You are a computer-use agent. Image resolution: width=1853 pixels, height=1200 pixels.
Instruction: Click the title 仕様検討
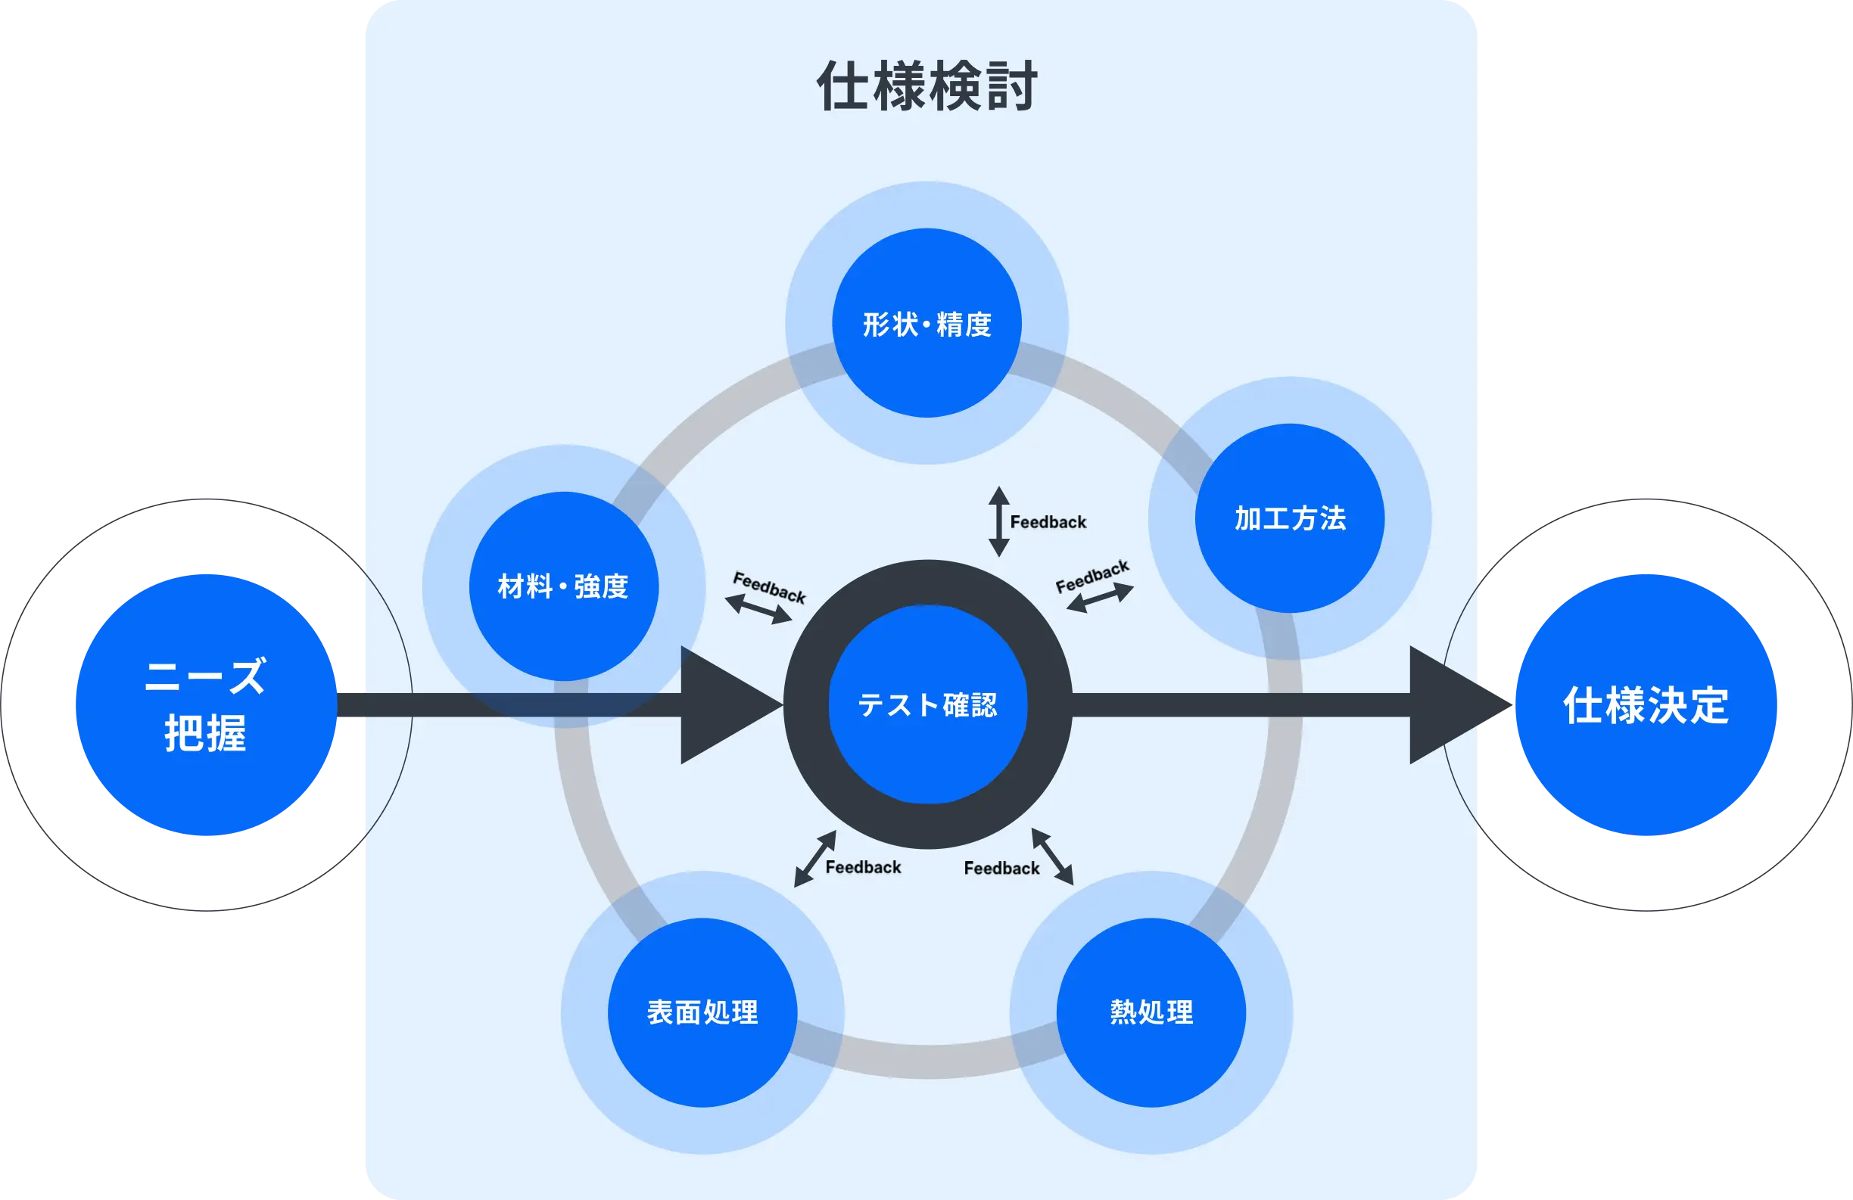pyautogui.click(x=926, y=86)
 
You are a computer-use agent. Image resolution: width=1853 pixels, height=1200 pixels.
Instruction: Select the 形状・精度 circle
pyautogui.click(x=926, y=323)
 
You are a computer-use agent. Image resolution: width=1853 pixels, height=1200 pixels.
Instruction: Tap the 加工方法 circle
pyautogui.click(x=1289, y=518)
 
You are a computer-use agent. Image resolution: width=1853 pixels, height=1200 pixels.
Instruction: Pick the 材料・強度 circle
pyautogui.click(x=564, y=586)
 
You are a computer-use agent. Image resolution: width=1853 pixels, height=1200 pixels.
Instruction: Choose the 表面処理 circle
pyautogui.click(x=702, y=1012)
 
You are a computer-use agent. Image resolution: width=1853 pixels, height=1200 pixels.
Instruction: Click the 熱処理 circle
pyautogui.click(x=1151, y=1012)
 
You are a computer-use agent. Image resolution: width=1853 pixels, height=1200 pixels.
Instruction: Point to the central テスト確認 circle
pyautogui.click(x=927, y=704)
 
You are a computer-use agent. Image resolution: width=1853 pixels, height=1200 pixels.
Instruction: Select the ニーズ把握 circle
pyautogui.click(x=206, y=704)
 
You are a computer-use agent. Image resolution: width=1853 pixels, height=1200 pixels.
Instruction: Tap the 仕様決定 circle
pyautogui.click(x=1646, y=705)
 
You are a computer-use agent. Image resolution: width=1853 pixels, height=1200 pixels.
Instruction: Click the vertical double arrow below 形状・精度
pyautogui.click(x=999, y=521)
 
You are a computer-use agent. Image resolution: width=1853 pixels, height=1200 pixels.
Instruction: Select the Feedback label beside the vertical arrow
pyautogui.click(x=1048, y=522)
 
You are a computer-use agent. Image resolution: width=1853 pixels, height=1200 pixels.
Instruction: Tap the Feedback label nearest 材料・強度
pyautogui.click(x=769, y=588)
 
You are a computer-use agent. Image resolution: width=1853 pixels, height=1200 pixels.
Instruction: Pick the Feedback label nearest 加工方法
pyautogui.click(x=1092, y=576)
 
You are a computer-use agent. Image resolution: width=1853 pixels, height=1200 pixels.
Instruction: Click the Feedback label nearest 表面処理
pyautogui.click(x=863, y=867)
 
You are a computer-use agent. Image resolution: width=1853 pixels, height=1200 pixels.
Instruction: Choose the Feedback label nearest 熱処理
pyautogui.click(x=1001, y=868)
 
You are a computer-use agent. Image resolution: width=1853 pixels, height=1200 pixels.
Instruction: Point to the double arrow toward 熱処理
pyautogui.click(x=1053, y=856)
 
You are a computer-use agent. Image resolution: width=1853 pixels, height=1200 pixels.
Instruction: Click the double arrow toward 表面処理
pyautogui.click(x=814, y=858)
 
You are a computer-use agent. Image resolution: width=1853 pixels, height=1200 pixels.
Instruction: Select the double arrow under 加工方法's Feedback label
pyautogui.click(x=1099, y=598)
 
